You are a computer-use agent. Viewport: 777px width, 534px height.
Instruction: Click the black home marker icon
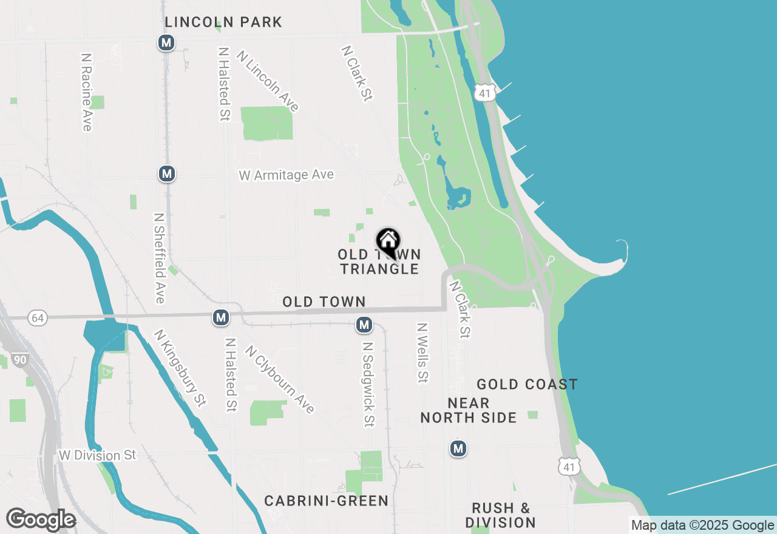click(388, 242)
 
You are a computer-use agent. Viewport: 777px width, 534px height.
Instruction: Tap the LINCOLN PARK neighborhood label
click(223, 22)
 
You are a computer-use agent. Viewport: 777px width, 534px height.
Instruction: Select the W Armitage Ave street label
click(286, 175)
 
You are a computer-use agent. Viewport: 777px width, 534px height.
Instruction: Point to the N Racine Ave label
click(86, 92)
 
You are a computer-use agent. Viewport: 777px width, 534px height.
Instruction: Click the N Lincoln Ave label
click(268, 81)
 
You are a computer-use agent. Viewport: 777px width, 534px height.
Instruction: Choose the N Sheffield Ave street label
click(160, 258)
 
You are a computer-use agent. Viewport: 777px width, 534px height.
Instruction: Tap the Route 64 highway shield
click(38, 317)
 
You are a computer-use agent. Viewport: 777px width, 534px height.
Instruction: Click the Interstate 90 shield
click(20, 360)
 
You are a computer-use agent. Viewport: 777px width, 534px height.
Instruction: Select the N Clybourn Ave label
click(280, 379)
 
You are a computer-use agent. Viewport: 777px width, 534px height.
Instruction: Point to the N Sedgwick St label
click(367, 384)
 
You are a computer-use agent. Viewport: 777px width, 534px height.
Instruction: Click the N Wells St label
click(422, 353)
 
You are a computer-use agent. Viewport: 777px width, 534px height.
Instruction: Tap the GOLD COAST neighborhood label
click(527, 384)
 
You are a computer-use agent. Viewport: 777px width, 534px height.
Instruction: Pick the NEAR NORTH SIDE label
click(468, 410)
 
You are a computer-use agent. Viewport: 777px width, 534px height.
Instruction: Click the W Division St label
click(98, 455)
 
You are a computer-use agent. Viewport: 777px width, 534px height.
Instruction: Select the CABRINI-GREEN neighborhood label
click(326, 501)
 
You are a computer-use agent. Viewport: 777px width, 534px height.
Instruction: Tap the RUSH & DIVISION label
click(500, 515)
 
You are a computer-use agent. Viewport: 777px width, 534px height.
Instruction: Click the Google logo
click(41, 519)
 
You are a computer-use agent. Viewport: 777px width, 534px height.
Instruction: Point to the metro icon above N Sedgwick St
click(364, 325)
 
